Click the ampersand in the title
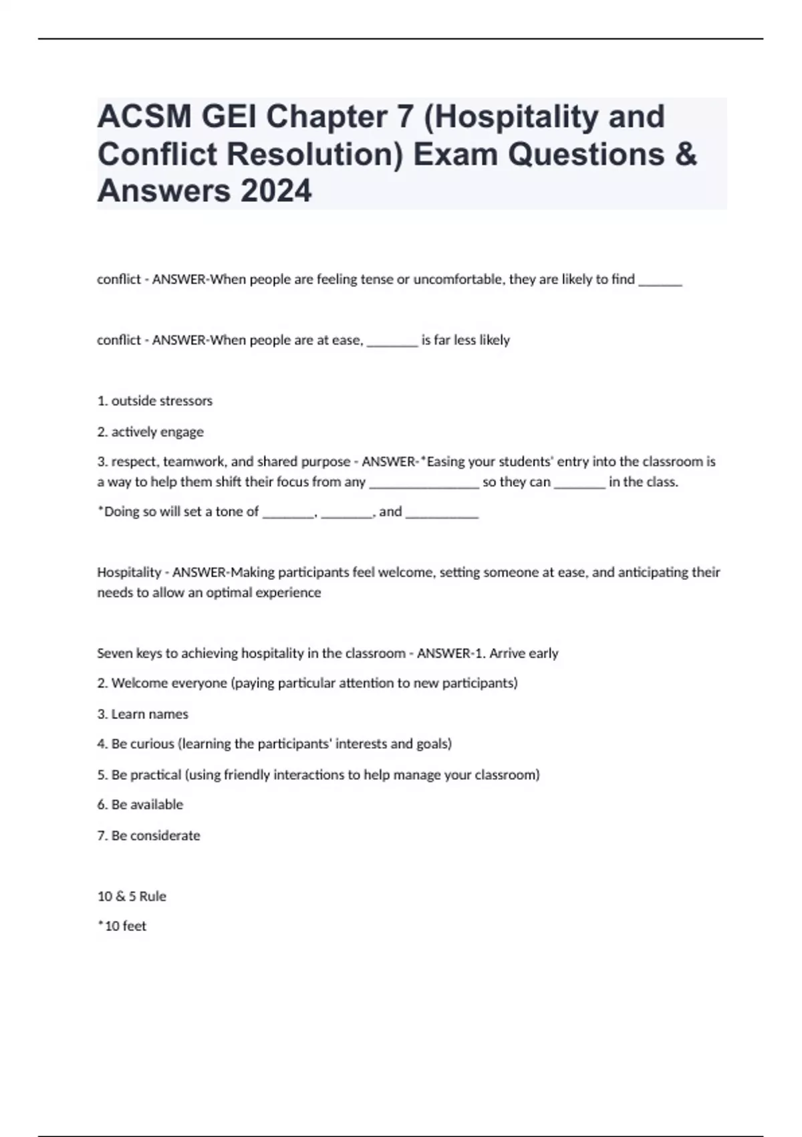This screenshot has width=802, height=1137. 685,154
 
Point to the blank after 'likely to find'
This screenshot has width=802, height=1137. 660,281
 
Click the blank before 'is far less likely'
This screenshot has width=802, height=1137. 392,342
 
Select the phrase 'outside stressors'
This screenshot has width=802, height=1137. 162,401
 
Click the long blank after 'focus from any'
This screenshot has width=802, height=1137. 424,484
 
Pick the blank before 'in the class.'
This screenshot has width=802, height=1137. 579,484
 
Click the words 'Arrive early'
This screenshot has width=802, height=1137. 524,653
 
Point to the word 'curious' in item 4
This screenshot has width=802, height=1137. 152,744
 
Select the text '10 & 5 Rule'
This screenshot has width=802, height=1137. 132,896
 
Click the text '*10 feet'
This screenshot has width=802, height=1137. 122,926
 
